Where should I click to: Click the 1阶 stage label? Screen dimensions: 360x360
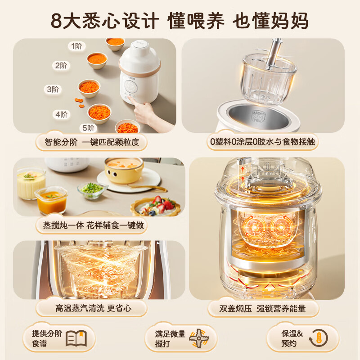coord(76,46)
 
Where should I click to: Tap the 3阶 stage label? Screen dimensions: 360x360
coord(52,89)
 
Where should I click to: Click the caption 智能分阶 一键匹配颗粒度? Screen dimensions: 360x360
coord(92,143)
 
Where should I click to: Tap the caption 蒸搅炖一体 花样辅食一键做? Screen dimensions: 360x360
coord(92,225)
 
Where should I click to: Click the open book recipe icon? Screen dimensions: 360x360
coord(76,337)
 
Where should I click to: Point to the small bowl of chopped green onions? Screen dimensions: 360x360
coord(92,189)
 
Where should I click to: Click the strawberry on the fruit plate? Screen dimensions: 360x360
coord(169,205)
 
